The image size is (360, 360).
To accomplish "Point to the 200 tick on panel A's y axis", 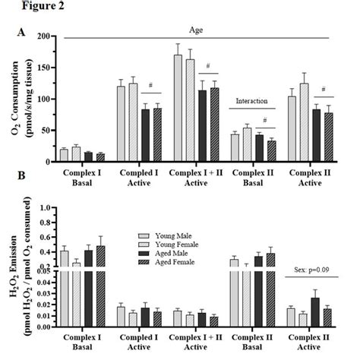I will (45, 36).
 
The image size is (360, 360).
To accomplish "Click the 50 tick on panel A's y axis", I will (47, 131).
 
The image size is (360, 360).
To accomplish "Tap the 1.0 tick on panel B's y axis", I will (44, 207).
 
